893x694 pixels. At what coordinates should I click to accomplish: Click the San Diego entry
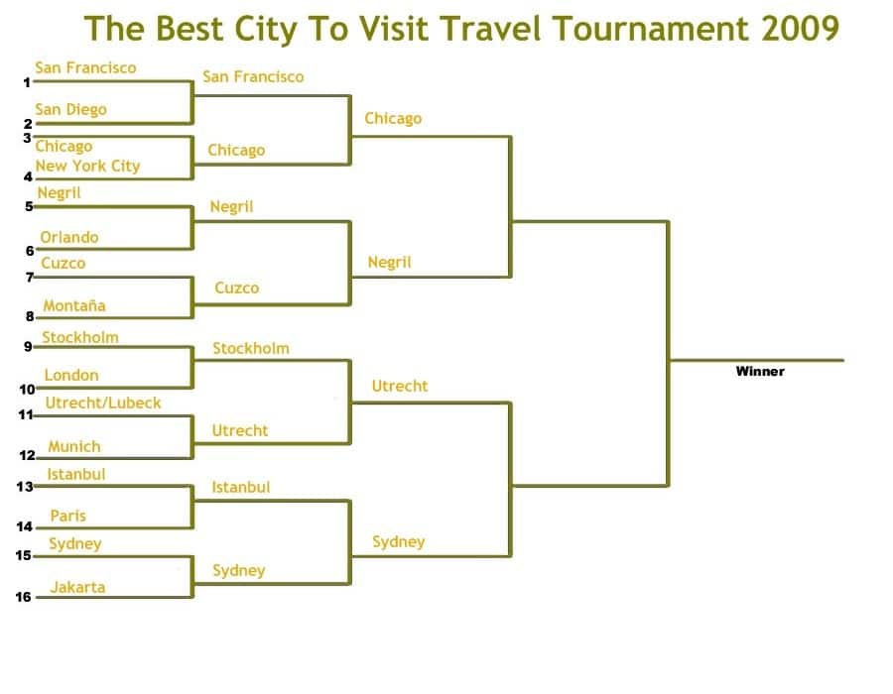70,109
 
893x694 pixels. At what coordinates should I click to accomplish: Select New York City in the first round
87,167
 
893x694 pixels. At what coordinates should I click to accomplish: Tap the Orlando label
68,237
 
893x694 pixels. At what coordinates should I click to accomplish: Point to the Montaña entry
74,306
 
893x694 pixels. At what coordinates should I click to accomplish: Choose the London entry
71,376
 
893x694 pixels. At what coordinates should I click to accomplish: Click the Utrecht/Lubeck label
103,403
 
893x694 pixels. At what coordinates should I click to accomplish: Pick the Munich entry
74,446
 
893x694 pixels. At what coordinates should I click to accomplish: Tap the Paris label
67,516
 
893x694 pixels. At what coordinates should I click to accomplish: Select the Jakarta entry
77,587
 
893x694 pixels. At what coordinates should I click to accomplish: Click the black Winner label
760,372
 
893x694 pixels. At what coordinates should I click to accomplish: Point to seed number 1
27,83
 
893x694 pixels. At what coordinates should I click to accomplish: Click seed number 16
24,597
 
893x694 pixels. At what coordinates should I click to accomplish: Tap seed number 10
28,390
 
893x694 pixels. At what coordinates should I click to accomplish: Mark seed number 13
25,487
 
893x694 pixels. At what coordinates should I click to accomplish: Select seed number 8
30,317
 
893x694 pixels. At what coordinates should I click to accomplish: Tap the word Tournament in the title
650,28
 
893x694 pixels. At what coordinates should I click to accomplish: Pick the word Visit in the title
395,28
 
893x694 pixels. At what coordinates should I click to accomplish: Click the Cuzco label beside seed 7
64,264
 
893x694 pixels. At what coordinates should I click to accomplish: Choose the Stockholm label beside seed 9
80,337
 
